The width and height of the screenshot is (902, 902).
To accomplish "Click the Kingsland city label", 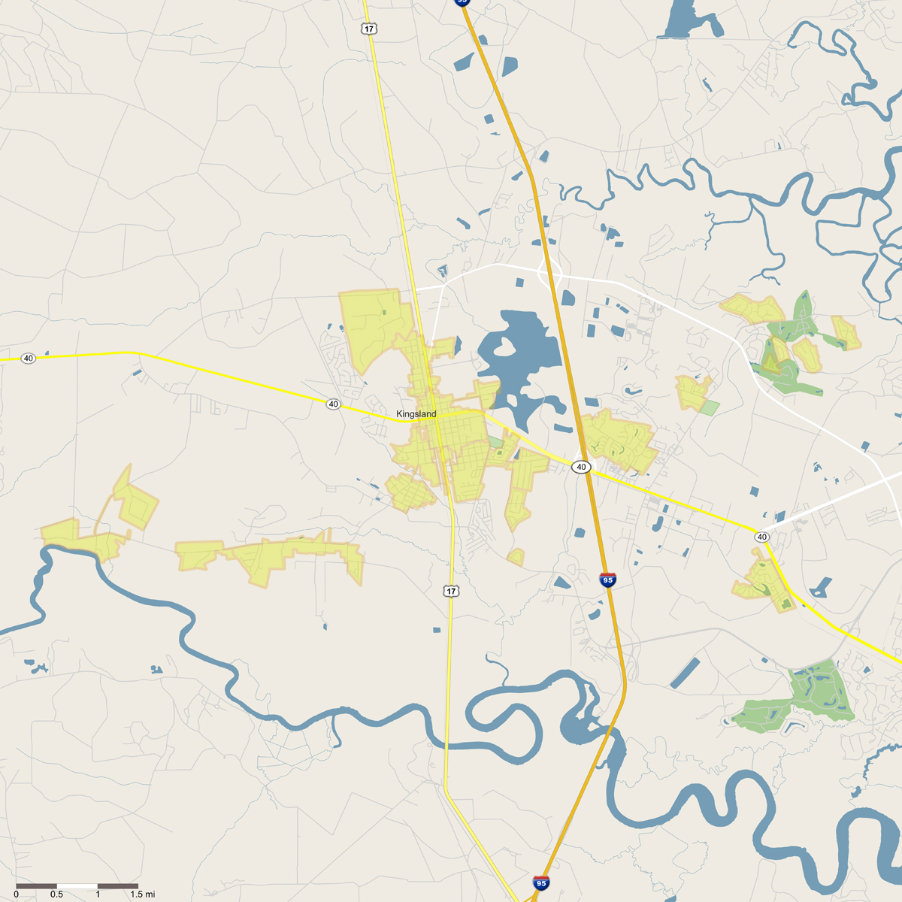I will click(x=416, y=414).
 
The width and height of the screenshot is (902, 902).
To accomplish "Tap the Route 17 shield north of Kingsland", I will click(x=368, y=29).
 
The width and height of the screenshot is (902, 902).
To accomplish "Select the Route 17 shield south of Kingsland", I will click(x=450, y=592).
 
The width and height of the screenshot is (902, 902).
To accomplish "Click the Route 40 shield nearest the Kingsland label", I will click(x=333, y=404).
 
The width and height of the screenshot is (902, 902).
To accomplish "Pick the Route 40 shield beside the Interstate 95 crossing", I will click(x=580, y=467).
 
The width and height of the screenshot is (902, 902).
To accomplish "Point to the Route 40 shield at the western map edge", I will click(x=28, y=359).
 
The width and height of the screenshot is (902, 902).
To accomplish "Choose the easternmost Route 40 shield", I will click(x=762, y=537).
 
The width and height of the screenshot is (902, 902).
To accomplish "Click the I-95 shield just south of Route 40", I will click(x=607, y=580).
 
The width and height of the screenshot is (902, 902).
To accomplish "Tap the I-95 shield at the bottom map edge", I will click(x=540, y=882).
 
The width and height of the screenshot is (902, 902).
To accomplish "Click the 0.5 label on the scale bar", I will click(x=56, y=894).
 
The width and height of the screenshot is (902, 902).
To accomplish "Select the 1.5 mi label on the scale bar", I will click(x=142, y=894).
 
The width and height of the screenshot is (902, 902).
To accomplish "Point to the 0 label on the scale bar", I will click(x=17, y=894).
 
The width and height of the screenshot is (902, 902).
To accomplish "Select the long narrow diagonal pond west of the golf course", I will click(x=685, y=673).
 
